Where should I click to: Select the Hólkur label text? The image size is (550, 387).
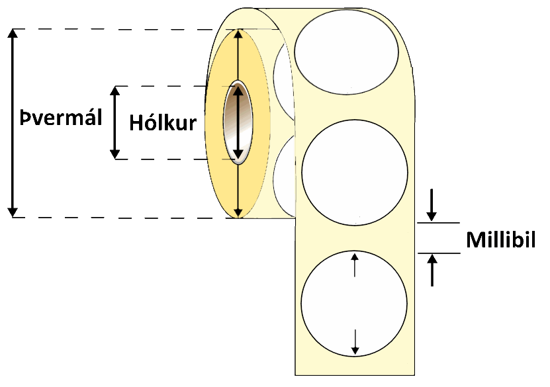163,123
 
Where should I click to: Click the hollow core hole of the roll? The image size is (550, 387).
238,122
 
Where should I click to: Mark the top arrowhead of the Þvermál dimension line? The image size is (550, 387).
12,34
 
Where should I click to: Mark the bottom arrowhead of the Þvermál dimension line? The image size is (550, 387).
12,212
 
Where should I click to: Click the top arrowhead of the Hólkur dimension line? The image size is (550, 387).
115,90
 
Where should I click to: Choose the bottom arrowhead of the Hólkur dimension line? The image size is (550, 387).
115,155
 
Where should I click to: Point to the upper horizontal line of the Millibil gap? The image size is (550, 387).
438,224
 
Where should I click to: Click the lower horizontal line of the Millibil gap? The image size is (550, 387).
438,253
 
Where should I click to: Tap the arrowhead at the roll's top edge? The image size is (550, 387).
238,34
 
